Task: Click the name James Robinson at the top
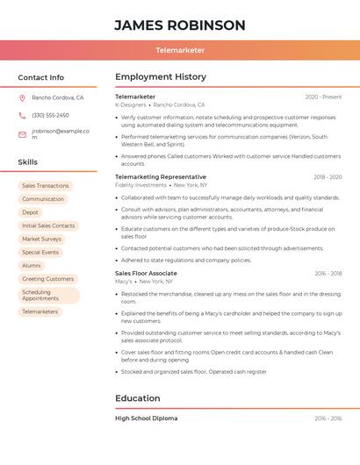pos(179,25)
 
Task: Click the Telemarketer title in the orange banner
pos(179,51)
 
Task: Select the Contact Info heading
pos(40,77)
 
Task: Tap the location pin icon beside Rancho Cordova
pos(22,98)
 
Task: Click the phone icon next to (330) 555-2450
pos(22,115)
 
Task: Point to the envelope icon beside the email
pos(22,134)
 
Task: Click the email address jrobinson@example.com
pos(61,134)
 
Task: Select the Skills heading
pos(27,162)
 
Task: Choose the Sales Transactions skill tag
pos(45,186)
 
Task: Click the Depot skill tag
pos(30,212)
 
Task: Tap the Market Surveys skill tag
pos(41,239)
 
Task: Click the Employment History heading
pos(160,77)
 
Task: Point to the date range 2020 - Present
pos(323,97)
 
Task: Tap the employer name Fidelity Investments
pos(140,185)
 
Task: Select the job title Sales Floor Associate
pos(146,273)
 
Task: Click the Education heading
pos(138,398)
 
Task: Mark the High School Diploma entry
pos(146,418)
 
